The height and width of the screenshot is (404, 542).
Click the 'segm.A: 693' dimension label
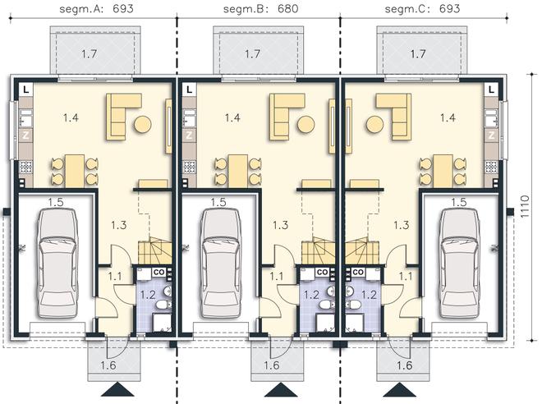click(96, 9)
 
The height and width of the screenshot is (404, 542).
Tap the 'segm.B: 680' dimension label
click(260, 9)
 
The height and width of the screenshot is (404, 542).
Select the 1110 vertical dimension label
click(525, 207)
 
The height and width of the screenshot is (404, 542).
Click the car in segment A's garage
click(57, 263)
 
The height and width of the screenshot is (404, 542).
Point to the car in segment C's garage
click(459, 263)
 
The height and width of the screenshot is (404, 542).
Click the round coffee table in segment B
click(306, 124)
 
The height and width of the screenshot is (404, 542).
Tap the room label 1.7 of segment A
click(90, 54)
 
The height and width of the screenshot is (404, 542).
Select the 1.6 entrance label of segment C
click(404, 365)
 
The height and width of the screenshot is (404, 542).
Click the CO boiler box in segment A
click(158, 272)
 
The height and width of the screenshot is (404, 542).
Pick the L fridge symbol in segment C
click(492, 90)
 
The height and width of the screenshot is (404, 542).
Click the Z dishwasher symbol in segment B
click(189, 135)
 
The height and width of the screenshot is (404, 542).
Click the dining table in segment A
click(75, 171)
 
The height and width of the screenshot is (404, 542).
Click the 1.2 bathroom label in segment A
click(148, 295)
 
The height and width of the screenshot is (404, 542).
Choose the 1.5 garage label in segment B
click(218, 202)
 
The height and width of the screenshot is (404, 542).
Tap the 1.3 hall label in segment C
click(402, 225)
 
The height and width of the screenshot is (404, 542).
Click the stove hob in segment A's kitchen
click(25, 167)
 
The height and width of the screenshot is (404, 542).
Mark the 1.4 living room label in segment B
click(232, 118)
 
